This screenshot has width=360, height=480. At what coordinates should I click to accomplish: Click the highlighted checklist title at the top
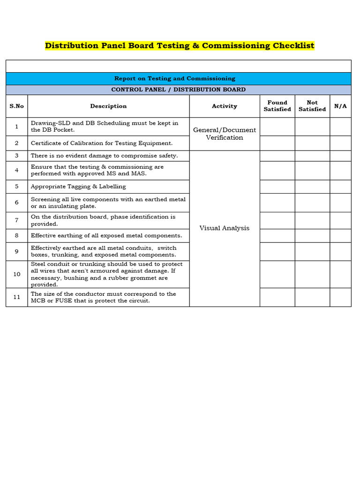pyautogui.click(x=180, y=45)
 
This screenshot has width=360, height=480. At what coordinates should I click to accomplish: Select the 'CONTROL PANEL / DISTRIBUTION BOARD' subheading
pyautogui.click(x=178, y=90)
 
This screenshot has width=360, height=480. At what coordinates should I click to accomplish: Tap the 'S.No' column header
pyautogui.click(x=16, y=106)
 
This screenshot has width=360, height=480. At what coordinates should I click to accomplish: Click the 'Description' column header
pyautogui.click(x=108, y=106)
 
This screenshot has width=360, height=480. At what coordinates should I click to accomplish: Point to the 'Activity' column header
pyautogui.click(x=225, y=106)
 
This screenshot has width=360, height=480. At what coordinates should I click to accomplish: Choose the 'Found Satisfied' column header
pyautogui.click(x=277, y=106)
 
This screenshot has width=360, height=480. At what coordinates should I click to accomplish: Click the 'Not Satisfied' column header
pyautogui.click(x=312, y=106)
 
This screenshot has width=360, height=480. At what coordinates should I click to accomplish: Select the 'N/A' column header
pyautogui.click(x=340, y=106)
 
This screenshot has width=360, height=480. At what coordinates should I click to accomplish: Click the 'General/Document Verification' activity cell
pyautogui.click(x=225, y=134)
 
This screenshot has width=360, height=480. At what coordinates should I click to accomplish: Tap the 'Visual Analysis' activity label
pyautogui.click(x=225, y=228)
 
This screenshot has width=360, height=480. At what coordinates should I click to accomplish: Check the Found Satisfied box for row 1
pyautogui.click(x=277, y=127)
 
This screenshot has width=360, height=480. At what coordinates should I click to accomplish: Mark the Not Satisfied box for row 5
pyautogui.click(x=312, y=187)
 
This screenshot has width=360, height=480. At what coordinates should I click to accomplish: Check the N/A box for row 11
pyautogui.click(x=340, y=297)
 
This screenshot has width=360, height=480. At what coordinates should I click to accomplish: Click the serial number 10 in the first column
pyautogui.click(x=16, y=274)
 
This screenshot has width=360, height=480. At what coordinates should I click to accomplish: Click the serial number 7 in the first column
pyautogui.click(x=16, y=220)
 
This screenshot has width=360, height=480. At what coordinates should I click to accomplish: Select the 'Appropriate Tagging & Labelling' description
pyautogui.click(x=78, y=187)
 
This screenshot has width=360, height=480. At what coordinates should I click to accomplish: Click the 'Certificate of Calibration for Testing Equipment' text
pyautogui.click(x=102, y=143)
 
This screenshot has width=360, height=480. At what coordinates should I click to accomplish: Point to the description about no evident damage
pyautogui.click(x=104, y=156)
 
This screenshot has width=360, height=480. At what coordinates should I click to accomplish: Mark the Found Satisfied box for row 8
pyautogui.click(x=277, y=235)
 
